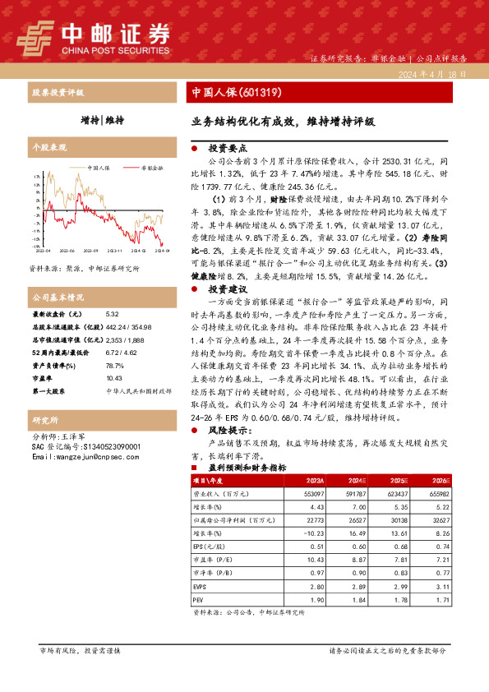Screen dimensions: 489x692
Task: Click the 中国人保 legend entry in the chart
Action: [98, 167]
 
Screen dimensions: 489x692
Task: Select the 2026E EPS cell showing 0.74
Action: [442, 546]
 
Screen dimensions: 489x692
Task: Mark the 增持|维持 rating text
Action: [103, 120]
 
